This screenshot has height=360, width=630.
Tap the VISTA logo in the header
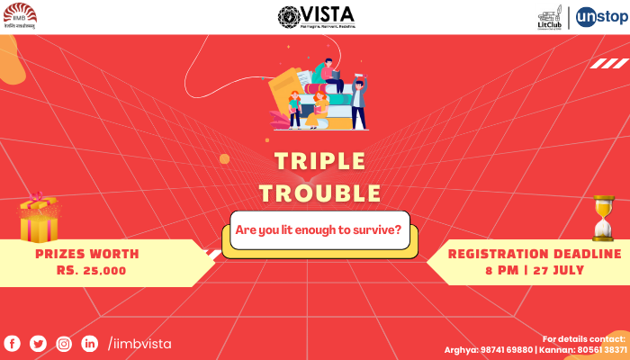point(316,16)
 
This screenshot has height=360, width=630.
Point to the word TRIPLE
point(319,162)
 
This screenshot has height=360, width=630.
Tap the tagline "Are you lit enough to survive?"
point(318,229)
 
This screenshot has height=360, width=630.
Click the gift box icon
point(39,219)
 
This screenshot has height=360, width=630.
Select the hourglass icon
point(603,218)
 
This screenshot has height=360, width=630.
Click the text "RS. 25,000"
point(91,270)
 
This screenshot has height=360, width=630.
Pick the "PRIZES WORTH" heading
point(86,254)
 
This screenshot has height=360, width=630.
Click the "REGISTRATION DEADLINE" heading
point(535,254)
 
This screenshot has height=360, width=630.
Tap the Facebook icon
point(13,343)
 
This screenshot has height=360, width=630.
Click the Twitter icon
point(38,343)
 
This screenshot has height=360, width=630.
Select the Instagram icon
point(64,343)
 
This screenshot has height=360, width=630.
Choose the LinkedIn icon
point(90,343)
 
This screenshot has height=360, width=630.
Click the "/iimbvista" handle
point(139,344)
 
